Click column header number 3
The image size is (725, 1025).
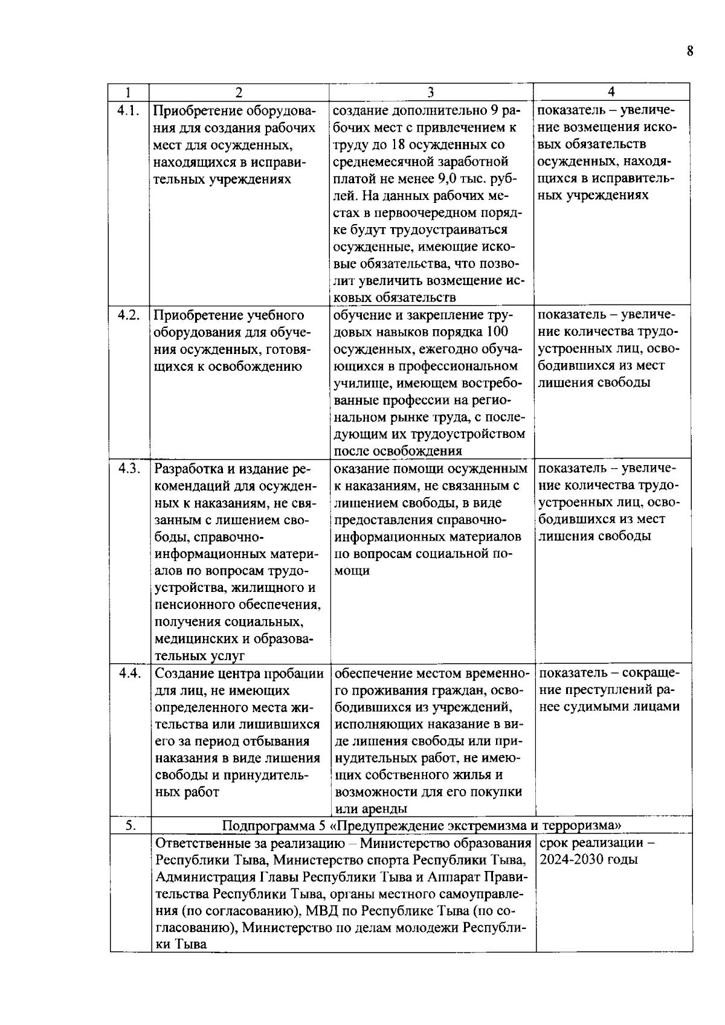431,92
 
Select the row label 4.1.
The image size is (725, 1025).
128,111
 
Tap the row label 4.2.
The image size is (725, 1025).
129,315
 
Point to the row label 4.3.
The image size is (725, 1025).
129,469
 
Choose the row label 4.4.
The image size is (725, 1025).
129,673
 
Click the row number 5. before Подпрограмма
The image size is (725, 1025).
129,826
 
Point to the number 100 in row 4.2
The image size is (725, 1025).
497,332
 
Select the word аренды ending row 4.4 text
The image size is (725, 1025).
386,809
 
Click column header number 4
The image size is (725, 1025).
611,92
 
